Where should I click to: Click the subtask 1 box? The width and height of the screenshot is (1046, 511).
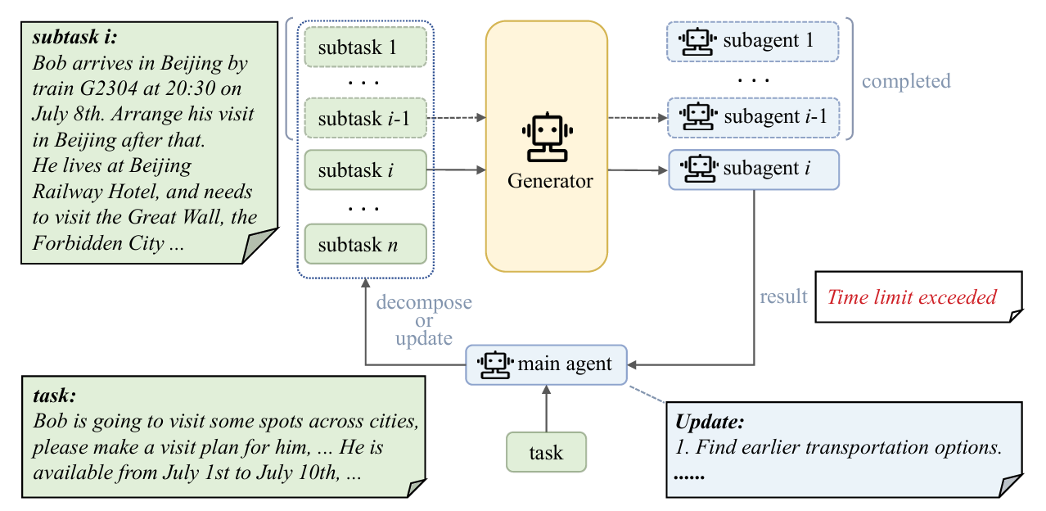(365, 47)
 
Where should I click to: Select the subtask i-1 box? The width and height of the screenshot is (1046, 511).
(365, 120)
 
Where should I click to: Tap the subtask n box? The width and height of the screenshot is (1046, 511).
(365, 243)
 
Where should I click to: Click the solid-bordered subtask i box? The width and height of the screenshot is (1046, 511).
(365, 170)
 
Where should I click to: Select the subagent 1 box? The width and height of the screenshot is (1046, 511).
(754, 40)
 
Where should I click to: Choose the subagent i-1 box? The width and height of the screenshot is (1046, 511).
(754, 116)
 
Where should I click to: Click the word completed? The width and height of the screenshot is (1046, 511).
(906, 81)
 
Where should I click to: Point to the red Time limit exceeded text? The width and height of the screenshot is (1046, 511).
(912, 296)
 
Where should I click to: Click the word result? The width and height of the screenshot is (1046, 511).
(783, 296)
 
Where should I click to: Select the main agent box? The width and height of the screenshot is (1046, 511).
(546, 364)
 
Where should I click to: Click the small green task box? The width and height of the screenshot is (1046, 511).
(546, 453)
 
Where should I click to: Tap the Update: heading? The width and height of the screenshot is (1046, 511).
(710, 423)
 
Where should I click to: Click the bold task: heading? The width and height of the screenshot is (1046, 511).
(55, 396)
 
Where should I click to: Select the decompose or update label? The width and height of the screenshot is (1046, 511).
(423, 320)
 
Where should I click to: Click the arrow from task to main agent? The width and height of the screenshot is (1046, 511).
(546, 409)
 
